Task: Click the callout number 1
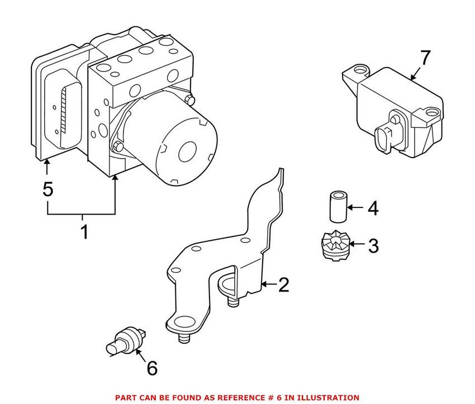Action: tap(84, 232)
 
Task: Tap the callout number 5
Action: tap(48, 189)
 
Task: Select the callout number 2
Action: tap(284, 284)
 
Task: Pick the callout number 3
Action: tap(373, 246)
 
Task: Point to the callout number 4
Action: tap(373, 208)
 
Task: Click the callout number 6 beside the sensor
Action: tap(152, 368)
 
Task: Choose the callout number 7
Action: tap(425, 58)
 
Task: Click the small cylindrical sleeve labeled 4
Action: tap(338, 207)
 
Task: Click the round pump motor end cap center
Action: tap(188, 152)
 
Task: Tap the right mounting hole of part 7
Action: tap(431, 113)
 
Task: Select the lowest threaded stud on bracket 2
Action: tap(184, 338)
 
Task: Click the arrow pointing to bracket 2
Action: tap(269, 284)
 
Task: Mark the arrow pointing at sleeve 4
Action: tap(355, 207)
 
